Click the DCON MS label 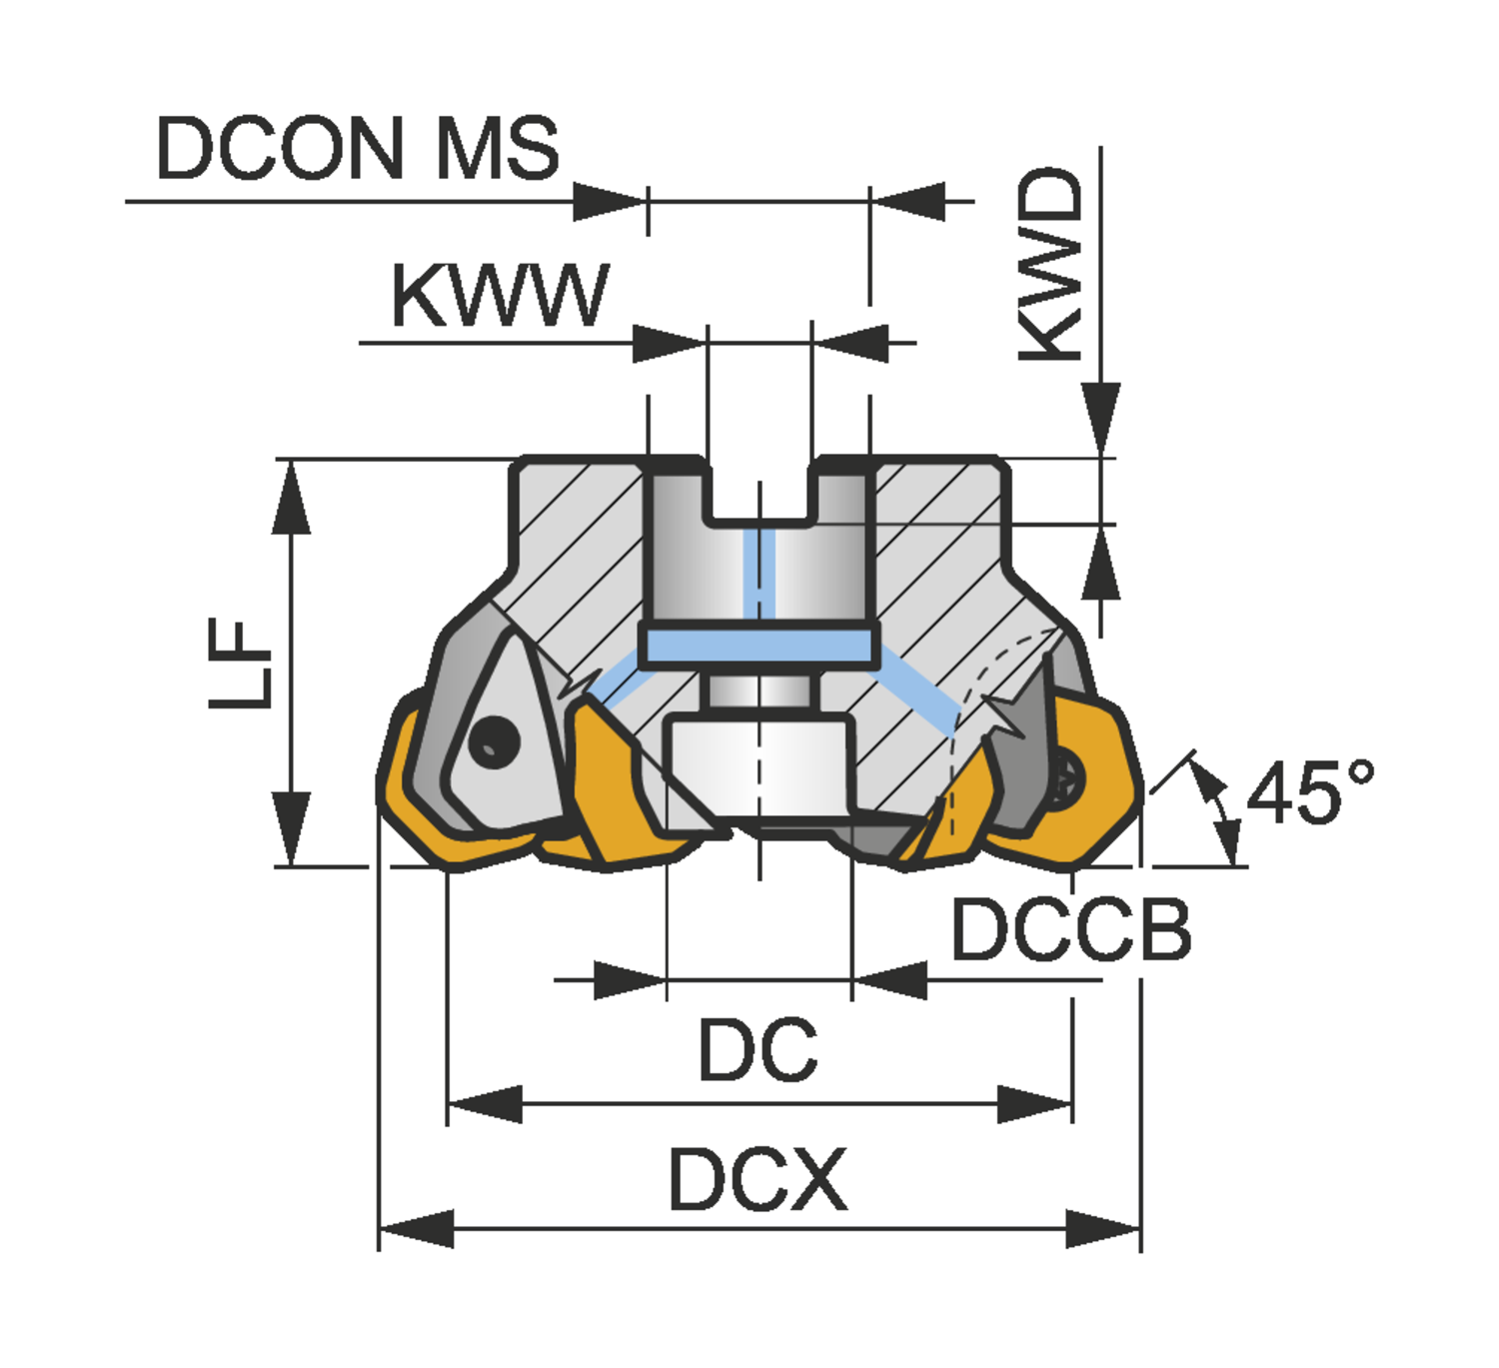point(357,148)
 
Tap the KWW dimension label point(499,297)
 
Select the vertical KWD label point(1050,265)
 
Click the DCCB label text point(1070,930)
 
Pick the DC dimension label point(757,1050)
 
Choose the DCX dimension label point(757,1180)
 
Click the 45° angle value point(1309,792)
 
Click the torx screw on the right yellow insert point(1067,772)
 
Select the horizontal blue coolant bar point(759,647)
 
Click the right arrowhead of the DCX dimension point(1103,1228)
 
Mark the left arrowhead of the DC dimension point(484,1104)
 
